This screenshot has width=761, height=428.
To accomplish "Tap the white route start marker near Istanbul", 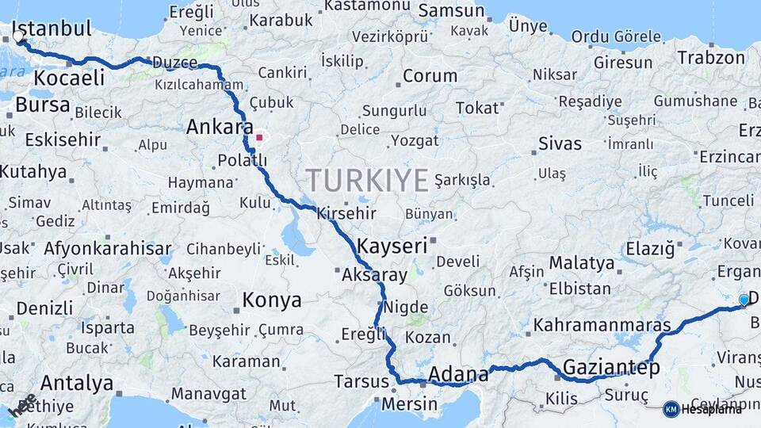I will point(18,36).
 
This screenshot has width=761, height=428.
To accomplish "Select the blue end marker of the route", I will point(744,300).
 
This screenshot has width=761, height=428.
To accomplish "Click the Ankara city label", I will point(220,127).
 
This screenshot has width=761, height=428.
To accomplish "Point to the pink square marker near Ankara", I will point(259,137).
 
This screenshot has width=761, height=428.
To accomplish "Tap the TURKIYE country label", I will point(368,181).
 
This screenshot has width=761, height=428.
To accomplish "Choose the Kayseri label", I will point(392,245).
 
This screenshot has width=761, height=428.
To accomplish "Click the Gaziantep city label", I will point(611,368).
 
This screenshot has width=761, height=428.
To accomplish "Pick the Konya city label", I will point(272,300).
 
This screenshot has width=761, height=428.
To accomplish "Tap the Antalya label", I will point(77,383).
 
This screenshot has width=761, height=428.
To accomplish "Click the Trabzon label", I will point(712,58).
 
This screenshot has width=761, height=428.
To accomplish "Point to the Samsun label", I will point(451,11).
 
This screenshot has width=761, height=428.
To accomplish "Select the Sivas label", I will point(560,144).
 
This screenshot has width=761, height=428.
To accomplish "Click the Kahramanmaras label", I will point(602,325).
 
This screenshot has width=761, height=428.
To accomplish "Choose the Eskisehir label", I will point(63,140).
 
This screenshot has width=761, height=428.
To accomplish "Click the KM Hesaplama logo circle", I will point(671,409).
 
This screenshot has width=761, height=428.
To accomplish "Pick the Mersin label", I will point(409,404).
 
